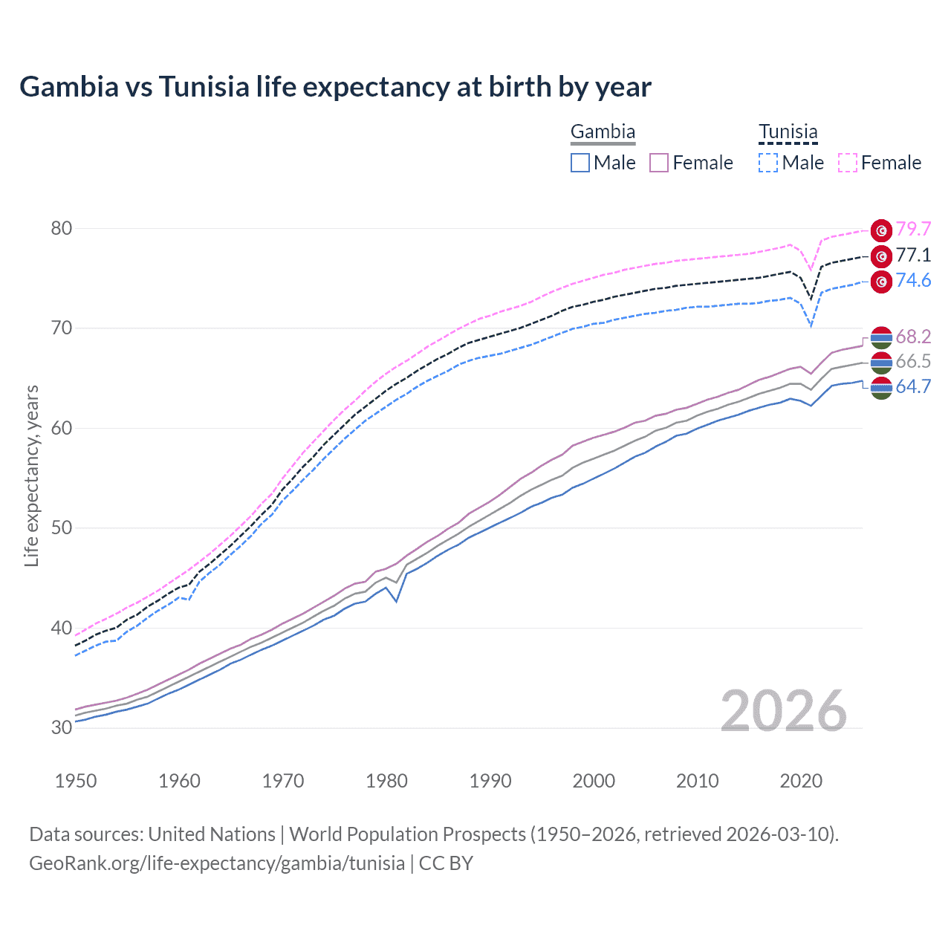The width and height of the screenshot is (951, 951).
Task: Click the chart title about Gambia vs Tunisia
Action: [x=335, y=87]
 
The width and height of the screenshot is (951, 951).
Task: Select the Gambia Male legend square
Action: [x=580, y=163]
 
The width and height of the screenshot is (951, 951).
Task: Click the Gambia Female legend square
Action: [x=660, y=163]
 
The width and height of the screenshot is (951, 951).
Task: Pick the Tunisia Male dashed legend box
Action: [x=768, y=163]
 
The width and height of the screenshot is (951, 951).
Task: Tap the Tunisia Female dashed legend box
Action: [x=848, y=163]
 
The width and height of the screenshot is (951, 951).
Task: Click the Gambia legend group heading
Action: [x=603, y=132]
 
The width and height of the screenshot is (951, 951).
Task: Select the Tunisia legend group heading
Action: [x=788, y=132]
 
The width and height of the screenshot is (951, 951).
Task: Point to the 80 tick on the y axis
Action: [x=62, y=228]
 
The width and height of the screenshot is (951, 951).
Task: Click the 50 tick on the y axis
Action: [x=62, y=528]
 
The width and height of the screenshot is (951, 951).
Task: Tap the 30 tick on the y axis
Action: [x=62, y=727]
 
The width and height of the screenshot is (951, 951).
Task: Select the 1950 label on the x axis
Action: [x=76, y=781]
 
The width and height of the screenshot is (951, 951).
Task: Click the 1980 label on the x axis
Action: [x=386, y=781]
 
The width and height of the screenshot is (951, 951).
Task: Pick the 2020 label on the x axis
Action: [x=801, y=781]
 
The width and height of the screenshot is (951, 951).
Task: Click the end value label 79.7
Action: [x=913, y=229]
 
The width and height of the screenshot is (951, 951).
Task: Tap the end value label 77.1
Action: [x=913, y=256]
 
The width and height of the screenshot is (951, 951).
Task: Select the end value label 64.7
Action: [x=913, y=387]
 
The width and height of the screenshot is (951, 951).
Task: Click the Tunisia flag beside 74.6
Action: [x=881, y=282]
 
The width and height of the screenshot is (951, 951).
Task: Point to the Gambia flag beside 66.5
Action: [x=881, y=363]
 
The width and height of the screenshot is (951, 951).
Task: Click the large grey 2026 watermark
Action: [x=784, y=711]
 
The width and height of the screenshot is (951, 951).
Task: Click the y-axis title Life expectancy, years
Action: [x=32, y=475]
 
